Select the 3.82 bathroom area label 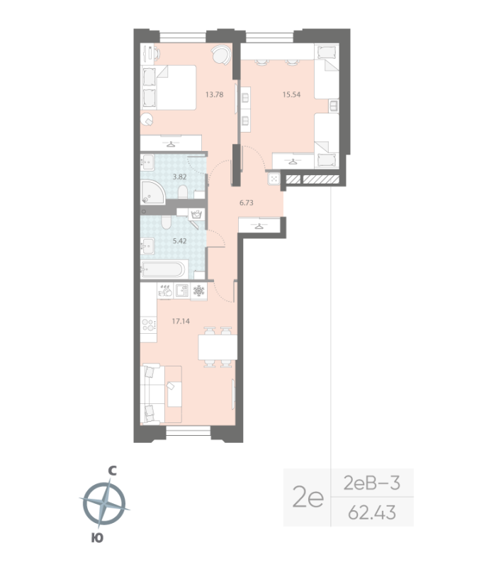(164, 176)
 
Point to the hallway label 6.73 (247, 203)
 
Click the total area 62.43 (372, 510)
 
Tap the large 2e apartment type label (308, 498)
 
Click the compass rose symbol (104, 503)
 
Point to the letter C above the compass (111, 470)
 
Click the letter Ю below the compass (98, 537)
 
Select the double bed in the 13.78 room (169, 87)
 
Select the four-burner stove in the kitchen (149, 325)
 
